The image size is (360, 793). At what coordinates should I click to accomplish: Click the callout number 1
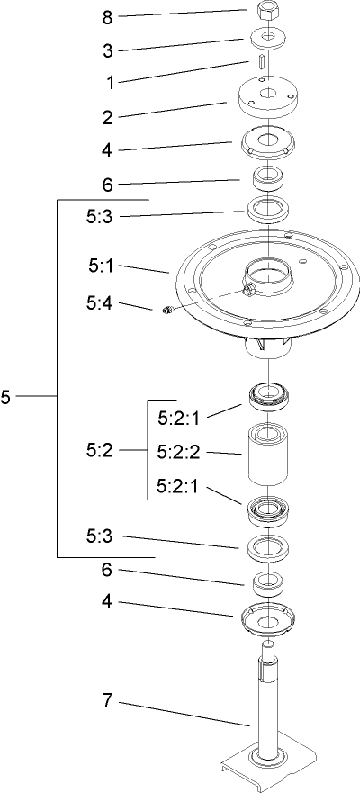pos(110,82)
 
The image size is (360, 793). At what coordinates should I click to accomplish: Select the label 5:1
pos(102,266)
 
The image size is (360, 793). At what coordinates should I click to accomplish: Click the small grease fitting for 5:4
pos(166,311)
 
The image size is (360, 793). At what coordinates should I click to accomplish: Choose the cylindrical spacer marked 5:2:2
pos(267,459)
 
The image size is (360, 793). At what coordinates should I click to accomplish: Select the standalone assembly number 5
pos(6,397)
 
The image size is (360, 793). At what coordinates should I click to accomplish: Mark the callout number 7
pos(106,700)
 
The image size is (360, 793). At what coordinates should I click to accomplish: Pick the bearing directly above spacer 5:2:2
pos(267,395)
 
